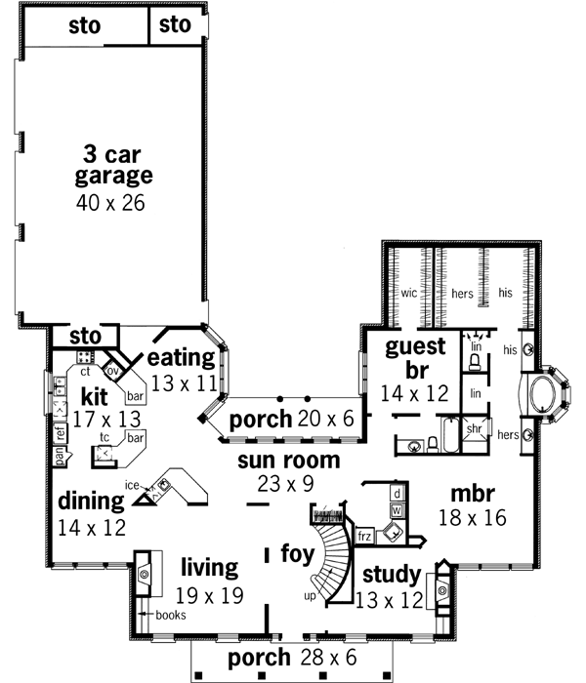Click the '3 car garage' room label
[x=113, y=166]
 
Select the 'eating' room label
[x=181, y=357]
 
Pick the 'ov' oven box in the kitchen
[x=112, y=371]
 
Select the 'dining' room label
[x=90, y=502]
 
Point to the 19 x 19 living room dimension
[x=209, y=595]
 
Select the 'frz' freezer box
[x=364, y=536]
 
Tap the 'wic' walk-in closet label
[x=408, y=292]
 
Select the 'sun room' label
[x=292, y=460]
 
